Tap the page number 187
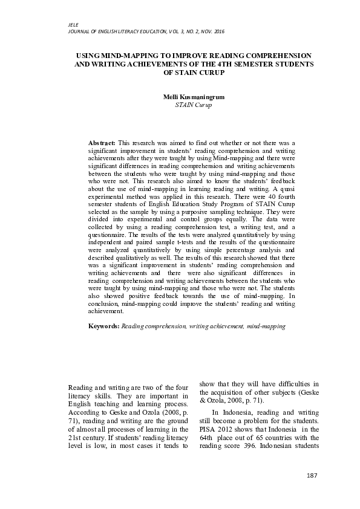click(x=312, y=476)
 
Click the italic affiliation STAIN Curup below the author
click(x=188, y=105)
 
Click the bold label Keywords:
click(x=105, y=326)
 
